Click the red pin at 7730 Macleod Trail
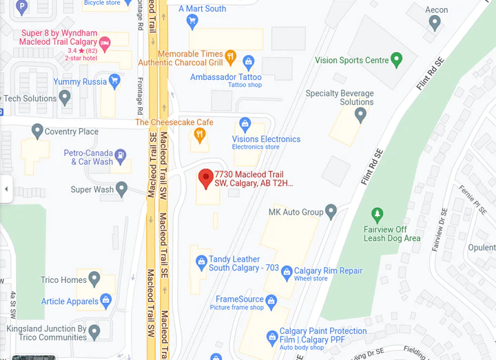(x=205, y=178)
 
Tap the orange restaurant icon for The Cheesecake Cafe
(x=200, y=134)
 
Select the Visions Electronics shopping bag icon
(x=245, y=125)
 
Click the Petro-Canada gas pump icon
(x=121, y=156)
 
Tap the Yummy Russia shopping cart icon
(x=114, y=81)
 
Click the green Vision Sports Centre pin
(x=396, y=59)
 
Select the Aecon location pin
(x=435, y=22)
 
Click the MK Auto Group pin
(x=331, y=211)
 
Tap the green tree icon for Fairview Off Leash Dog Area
(x=377, y=215)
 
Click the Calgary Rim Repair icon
(x=288, y=272)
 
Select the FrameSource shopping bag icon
(x=271, y=300)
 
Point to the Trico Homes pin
(x=94, y=279)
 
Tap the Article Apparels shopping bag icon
(x=106, y=300)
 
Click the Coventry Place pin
(x=37, y=130)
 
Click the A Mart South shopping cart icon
(x=193, y=20)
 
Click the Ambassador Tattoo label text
(x=226, y=77)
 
